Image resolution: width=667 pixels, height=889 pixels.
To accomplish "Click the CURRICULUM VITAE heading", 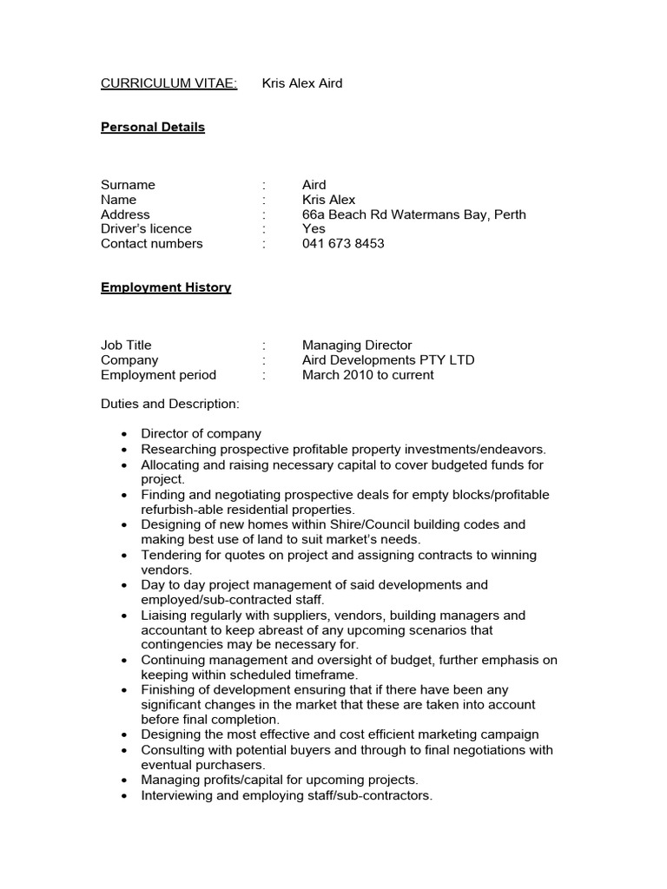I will [168, 83].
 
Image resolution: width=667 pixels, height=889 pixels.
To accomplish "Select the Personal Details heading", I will [153, 127].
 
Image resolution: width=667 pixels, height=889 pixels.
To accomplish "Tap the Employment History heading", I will [166, 287].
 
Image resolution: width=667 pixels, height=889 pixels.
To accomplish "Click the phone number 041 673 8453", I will [343, 244].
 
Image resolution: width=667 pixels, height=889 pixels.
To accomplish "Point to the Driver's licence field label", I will [146, 229].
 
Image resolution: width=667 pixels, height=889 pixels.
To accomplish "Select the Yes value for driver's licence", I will [314, 229].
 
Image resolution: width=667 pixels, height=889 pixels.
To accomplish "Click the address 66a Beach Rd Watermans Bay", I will [413, 214].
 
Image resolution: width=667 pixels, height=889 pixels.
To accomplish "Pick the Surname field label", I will [128, 185].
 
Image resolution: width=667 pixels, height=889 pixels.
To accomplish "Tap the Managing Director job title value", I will [357, 346].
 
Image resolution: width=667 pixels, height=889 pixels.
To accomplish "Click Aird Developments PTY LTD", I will [388, 360].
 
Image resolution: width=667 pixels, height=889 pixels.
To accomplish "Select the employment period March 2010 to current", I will [367, 375].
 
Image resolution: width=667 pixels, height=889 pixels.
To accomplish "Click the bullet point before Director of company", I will [125, 434].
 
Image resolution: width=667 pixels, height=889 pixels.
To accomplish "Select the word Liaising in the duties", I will [164, 616].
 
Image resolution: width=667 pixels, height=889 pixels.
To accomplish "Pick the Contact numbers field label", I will [151, 244].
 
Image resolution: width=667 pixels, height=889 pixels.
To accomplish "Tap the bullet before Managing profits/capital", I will [125, 780].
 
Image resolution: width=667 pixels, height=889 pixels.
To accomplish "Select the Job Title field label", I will [126, 346].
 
